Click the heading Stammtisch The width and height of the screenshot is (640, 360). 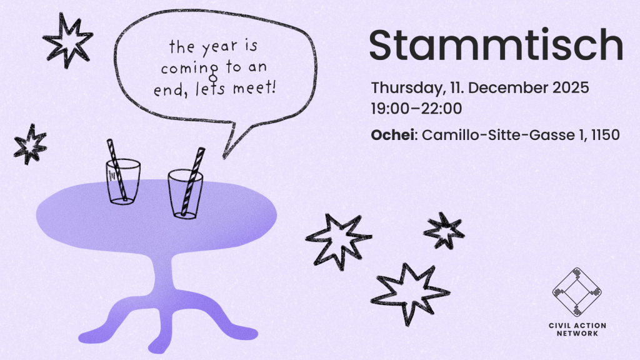point(496,45)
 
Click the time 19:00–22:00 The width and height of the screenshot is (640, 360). point(416,109)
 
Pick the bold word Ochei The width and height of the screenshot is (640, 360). point(392,135)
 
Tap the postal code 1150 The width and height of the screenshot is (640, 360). point(605,135)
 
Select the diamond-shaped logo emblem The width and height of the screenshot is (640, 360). point(577,292)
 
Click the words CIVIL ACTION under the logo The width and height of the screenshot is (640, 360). point(577,325)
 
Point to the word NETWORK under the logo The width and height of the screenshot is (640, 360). point(577,333)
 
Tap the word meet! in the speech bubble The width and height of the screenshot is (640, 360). point(254,87)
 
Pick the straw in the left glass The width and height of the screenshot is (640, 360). point(117,170)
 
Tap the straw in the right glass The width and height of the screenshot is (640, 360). point(192,182)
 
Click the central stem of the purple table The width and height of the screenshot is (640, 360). point(163,277)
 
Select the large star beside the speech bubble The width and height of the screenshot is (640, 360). point(67,40)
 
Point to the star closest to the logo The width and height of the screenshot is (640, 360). point(444,231)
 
